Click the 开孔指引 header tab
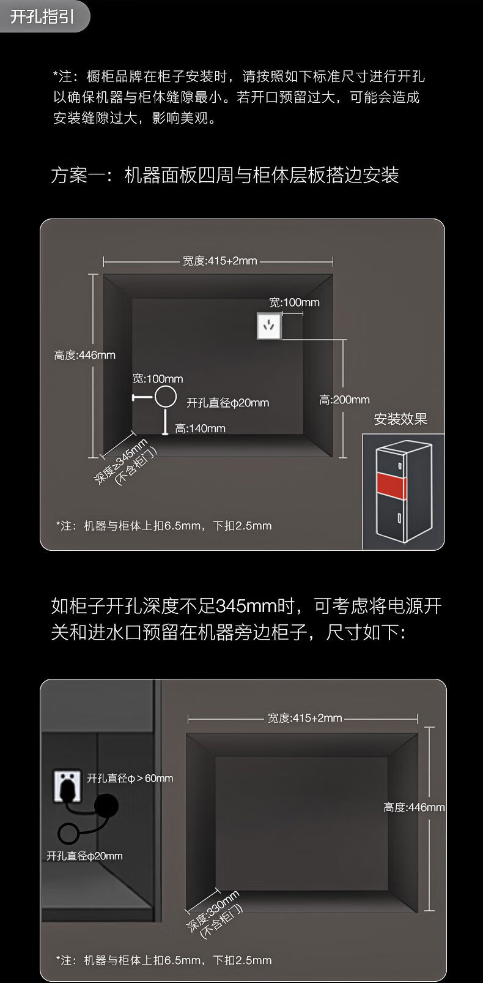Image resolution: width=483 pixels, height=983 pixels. pos(43,17)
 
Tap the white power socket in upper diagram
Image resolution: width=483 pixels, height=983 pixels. pos(269,326)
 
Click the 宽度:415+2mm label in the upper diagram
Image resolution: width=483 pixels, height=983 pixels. pos(219,261)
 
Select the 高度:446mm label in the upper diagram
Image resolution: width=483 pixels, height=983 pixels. pos(84,355)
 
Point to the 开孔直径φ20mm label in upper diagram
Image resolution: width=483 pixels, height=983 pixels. pos(227,403)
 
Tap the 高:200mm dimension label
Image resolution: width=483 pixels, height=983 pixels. pos(344,400)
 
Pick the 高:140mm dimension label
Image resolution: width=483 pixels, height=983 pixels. pos(200,428)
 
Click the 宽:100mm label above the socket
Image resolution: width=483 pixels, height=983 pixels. pos(294,302)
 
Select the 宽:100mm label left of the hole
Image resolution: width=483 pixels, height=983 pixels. pos(158,379)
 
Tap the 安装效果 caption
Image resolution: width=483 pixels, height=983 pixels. pos(400,419)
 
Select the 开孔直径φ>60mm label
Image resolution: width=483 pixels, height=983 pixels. pos(130,778)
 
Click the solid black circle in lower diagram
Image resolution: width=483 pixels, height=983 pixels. pos(106,805)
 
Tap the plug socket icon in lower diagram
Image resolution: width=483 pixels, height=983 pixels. pos(67,785)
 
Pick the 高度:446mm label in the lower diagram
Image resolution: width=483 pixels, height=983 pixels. pos(414,807)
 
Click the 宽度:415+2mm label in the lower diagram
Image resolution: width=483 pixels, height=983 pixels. pos(304,718)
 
